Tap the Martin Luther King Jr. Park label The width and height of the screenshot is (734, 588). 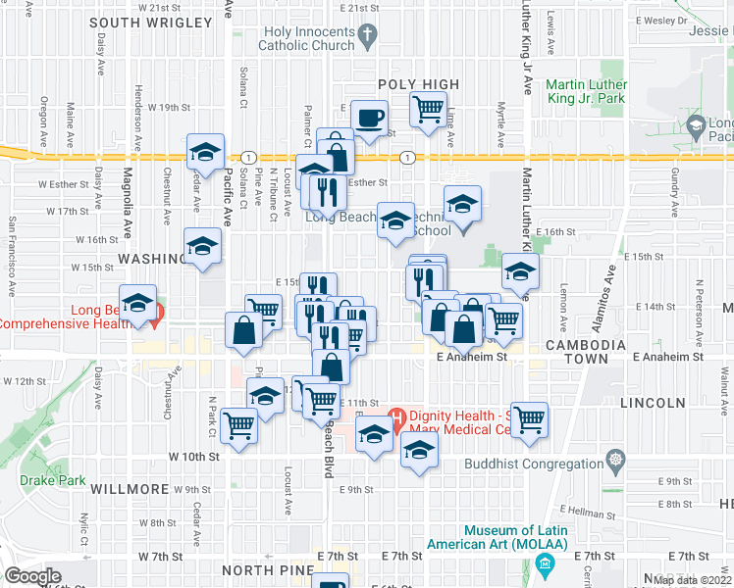587,92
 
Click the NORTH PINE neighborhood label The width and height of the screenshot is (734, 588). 262,569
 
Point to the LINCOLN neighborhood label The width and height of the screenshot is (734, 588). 653,403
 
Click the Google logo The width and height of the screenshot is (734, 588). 32,576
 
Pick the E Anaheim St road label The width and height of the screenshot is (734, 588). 471,359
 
